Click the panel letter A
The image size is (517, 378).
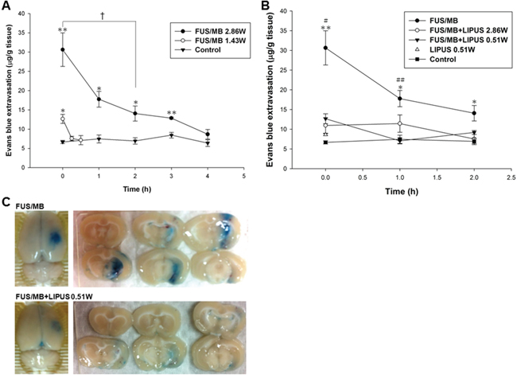(x=6, y=6)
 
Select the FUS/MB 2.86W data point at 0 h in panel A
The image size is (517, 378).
(x=63, y=49)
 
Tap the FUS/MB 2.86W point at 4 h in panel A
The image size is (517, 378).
(x=208, y=134)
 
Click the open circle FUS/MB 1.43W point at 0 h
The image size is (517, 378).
(x=63, y=119)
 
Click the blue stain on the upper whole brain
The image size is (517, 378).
(x=50, y=237)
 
